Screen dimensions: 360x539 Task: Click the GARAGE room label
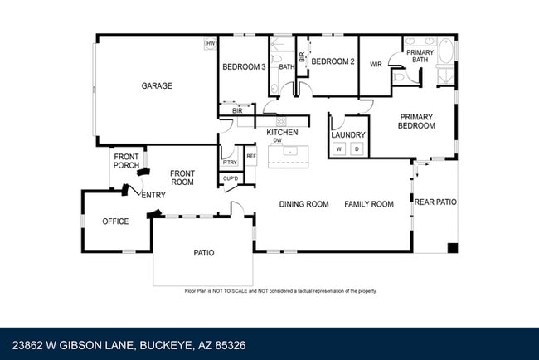157,85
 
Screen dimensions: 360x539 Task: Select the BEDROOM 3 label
243,67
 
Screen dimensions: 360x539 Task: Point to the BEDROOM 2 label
333,61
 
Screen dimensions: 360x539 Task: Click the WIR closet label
375,64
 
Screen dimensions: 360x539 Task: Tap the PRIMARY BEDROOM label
417,121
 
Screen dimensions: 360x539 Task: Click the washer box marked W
338,148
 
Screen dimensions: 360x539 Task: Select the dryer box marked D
357,148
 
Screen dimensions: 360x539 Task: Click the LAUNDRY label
347,134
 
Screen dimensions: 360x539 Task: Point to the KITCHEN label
282,133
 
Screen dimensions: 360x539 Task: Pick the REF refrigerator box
250,155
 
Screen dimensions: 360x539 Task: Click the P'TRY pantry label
229,162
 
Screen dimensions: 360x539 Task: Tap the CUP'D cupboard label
231,178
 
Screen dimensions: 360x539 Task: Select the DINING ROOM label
303,204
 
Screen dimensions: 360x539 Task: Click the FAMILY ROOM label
369,204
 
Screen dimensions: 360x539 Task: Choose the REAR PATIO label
435,202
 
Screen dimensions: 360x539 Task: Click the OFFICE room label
115,221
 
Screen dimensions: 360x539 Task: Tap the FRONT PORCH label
127,161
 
